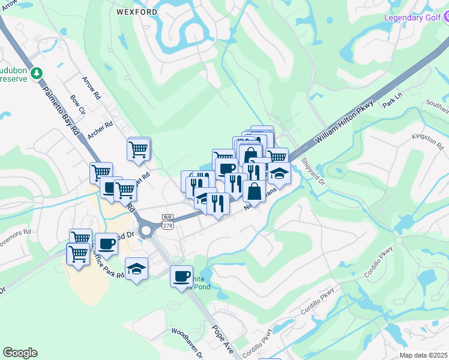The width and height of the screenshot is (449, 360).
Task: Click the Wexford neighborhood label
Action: click(x=136, y=11)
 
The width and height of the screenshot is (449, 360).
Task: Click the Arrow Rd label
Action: click(x=92, y=88)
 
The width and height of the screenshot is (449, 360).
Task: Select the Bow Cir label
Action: click(x=78, y=104)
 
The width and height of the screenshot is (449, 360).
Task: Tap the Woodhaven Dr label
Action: click(x=188, y=341)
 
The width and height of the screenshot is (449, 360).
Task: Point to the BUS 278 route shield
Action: click(x=167, y=220)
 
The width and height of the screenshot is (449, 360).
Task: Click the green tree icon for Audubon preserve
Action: click(x=37, y=73)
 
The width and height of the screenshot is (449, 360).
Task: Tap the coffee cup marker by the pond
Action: click(x=181, y=277)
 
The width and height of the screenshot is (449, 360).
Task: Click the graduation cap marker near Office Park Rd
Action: click(x=136, y=268)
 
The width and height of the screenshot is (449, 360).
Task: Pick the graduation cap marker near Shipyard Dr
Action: click(x=279, y=173)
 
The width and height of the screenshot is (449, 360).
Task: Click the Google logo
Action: click(x=20, y=353)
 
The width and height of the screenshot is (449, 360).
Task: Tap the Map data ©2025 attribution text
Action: click(x=423, y=355)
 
